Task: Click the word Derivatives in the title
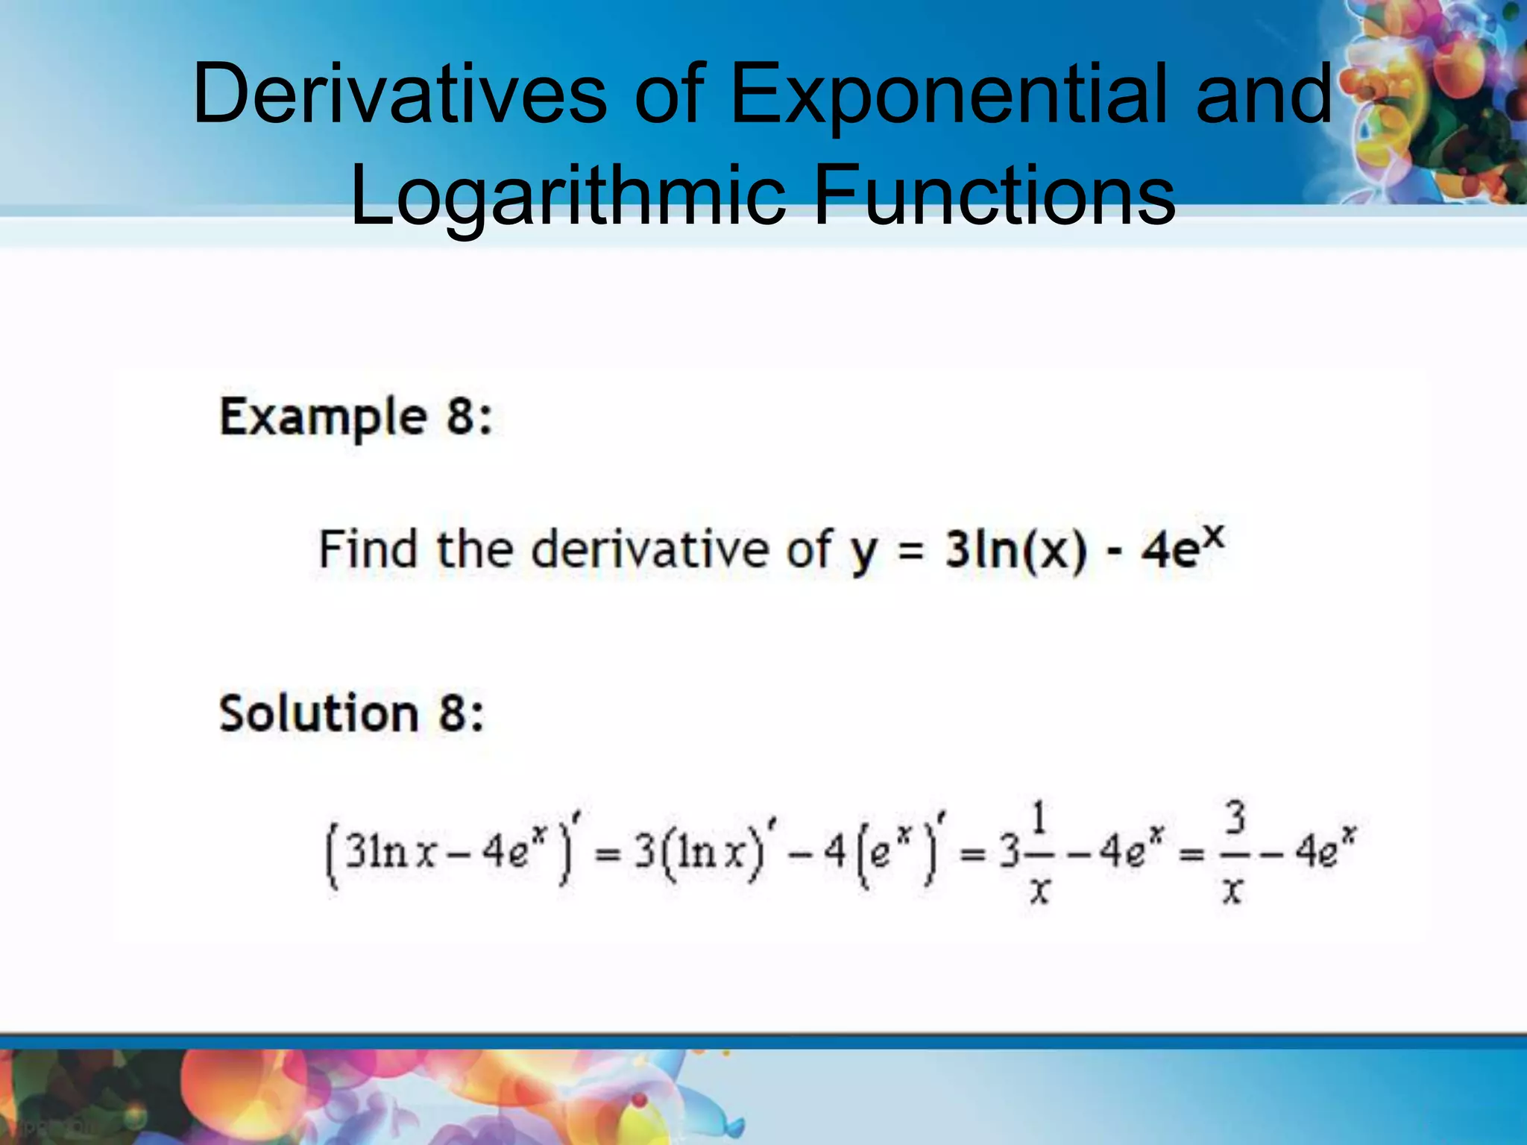[400, 95]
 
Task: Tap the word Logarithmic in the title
[567, 195]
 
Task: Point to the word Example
[323, 417]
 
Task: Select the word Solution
[318, 713]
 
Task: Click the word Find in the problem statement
[368, 550]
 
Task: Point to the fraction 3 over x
[1234, 851]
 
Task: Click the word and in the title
[1265, 95]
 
